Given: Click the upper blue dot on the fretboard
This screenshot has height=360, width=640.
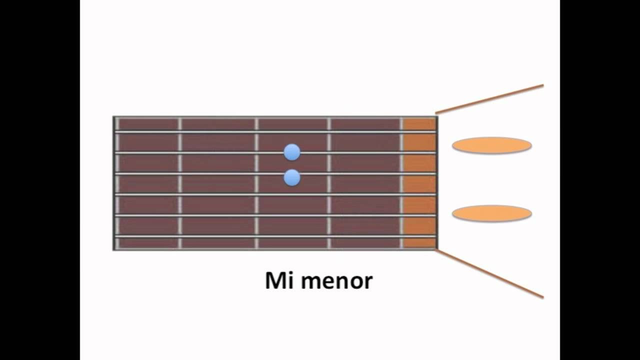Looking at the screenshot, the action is tap(292, 152).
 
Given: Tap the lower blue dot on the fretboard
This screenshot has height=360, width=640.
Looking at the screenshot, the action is tap(292, 177).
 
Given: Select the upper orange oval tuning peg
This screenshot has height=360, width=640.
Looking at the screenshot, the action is tap(491, 145).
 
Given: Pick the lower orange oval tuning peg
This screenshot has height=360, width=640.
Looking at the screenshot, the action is tap(491, 213).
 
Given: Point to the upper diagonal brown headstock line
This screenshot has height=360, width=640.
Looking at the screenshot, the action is tap(489, 99).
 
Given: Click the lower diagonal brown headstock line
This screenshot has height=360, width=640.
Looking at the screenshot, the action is tap(489, 273).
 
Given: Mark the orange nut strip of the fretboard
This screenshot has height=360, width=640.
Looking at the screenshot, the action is tap(419, 183).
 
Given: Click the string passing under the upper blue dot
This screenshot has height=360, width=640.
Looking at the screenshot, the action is tap(275, 153).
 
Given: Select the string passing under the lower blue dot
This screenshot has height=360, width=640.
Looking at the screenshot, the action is tap(275, 173).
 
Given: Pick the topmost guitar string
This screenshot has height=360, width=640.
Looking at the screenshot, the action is tap(275, 132).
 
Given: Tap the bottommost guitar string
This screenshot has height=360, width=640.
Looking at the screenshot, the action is tap(275, 236).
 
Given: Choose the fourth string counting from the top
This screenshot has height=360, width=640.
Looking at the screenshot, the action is tap(275, 195).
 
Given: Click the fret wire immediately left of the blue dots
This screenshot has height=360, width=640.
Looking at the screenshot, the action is tap(256, 183).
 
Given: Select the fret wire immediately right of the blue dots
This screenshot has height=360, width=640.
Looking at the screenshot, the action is tap(329, 183).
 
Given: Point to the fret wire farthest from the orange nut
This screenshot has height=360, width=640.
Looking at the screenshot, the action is tap(117, 183).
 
